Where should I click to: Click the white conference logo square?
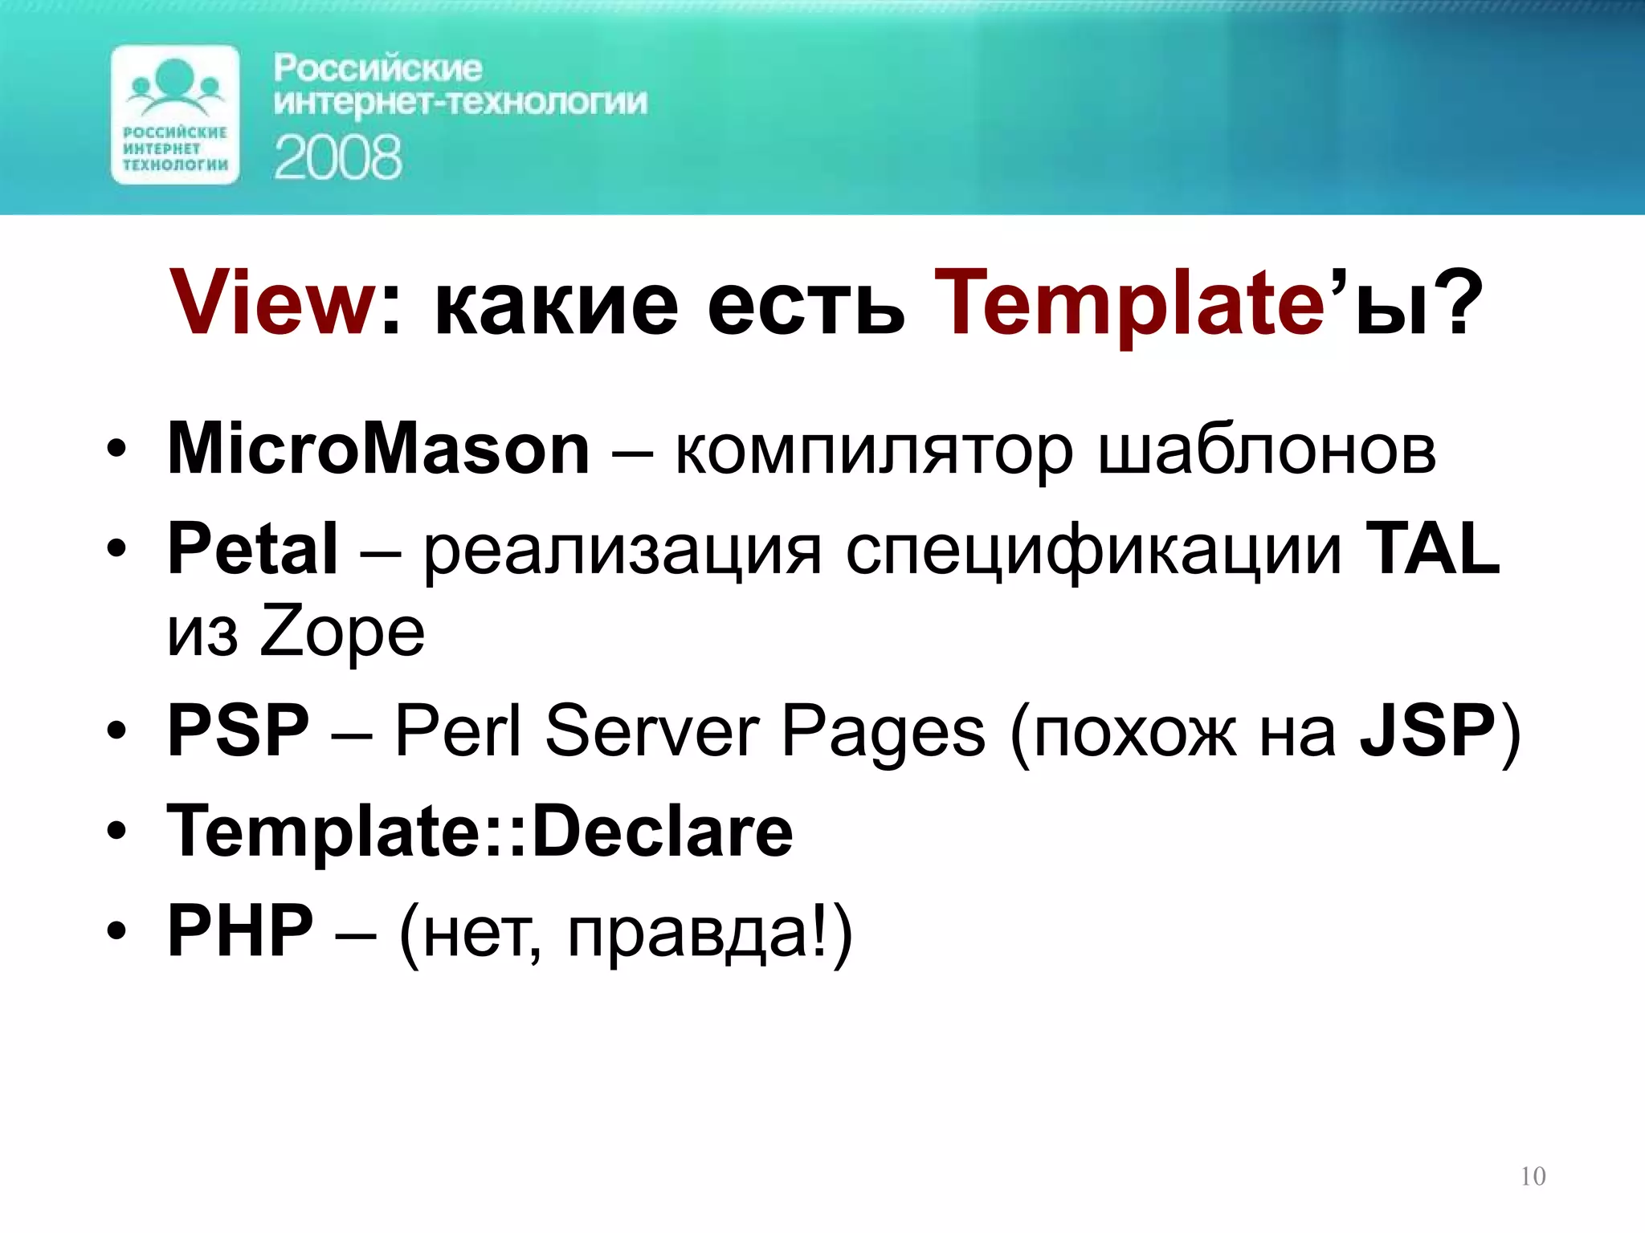(x=175, y=115)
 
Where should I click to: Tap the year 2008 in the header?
(x=337, y=157)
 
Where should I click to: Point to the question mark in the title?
(x=1455, y=302)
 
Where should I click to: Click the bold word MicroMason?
(x=378, y=450)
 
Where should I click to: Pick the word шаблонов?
(x=1267, y=450)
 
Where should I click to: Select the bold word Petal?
(x=252, y=549)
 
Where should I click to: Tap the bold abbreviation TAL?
(x=1432, y=549)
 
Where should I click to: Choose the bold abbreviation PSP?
(x=238, y=730)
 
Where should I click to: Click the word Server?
(x=651, y=730)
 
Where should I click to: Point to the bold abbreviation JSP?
(x=1427, y=730)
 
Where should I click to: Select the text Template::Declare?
(x=480, y=832)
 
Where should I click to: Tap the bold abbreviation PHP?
(x=239, y=931)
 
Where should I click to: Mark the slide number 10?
(x=1533, y=1177)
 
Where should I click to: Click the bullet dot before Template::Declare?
(x=116, y=832)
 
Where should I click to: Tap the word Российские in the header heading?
(x=378, y=68)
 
